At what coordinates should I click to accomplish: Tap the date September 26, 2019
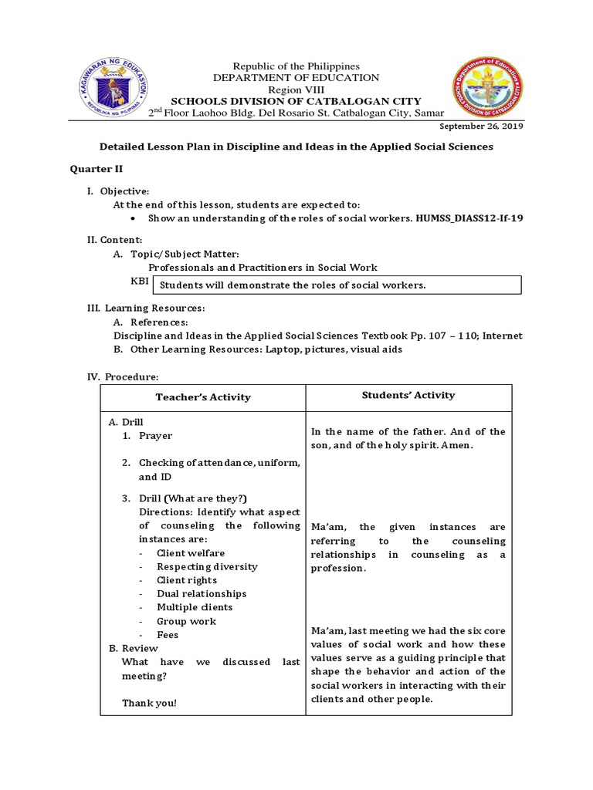coord(481,127)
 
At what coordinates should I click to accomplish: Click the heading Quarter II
coord(97,168)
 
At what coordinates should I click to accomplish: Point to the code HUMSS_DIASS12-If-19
coord(469,218)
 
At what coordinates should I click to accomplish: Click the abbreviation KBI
coord(140,282)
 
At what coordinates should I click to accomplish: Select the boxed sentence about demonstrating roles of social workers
coord(292,285)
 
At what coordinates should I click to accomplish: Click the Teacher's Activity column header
coord(203,397)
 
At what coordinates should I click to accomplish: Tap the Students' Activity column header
coord(408,395)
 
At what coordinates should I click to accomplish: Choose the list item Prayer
coord(155,436)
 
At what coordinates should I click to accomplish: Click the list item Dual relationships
coord(202,594)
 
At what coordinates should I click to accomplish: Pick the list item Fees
coord(168,635)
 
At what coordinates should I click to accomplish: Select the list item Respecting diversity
coord(207,566)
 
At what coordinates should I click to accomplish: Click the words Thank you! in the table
coord(149,703)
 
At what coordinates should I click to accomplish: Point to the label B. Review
coord(133,649)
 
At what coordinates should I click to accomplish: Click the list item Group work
coord(186,621)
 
